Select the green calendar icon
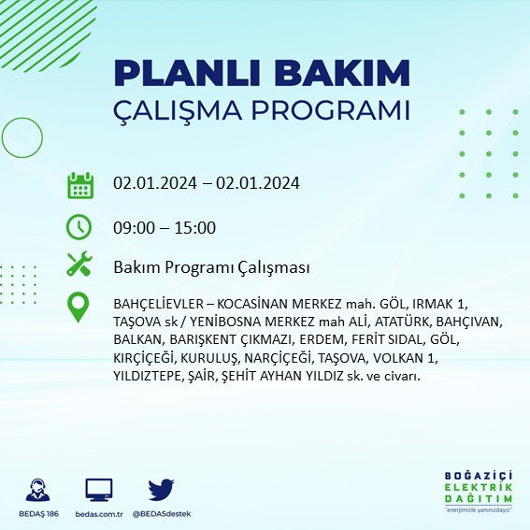[80, 184]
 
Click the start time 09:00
[133, 227]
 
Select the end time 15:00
[196, 227]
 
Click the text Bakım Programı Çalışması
[211, 268]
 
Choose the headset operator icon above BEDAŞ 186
[39, 490]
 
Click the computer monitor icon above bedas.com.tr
[98, 490]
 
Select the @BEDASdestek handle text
[162, 515]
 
